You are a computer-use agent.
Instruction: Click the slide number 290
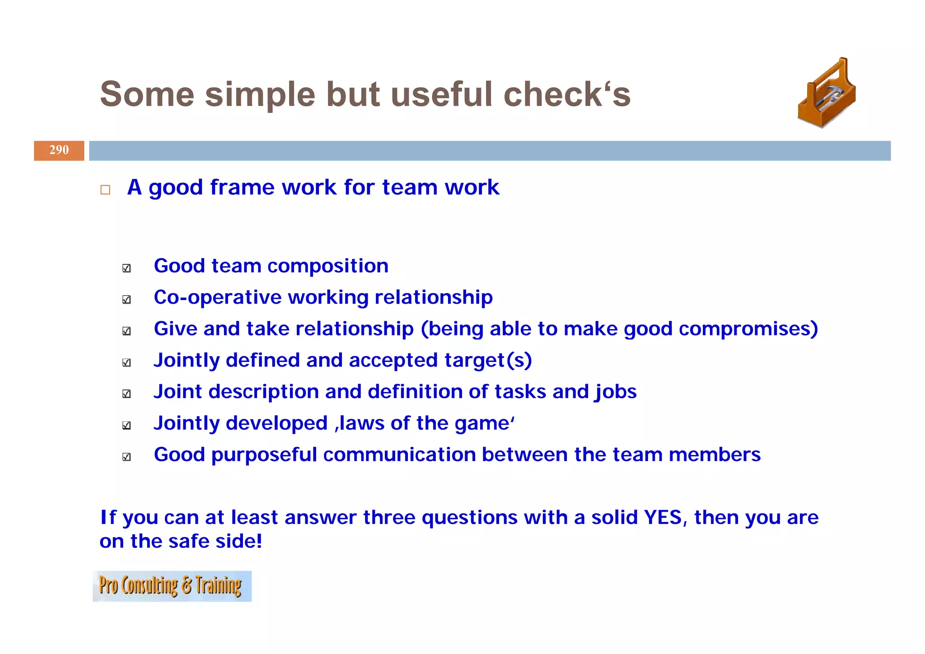[59, 150]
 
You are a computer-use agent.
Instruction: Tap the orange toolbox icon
[827, 94]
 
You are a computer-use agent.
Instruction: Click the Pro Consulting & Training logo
[172, 586]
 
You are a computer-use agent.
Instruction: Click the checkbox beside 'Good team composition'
[126, 268]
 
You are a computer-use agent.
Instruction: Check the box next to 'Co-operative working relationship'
[126, 299]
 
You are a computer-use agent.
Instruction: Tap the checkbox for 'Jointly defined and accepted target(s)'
[126, 362]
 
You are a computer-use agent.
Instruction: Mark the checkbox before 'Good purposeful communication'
[126, 456]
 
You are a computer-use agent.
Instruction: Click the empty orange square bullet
[105, 189]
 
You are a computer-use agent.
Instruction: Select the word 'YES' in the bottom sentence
[663, 517]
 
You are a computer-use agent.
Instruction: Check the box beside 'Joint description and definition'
[126, 394]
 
